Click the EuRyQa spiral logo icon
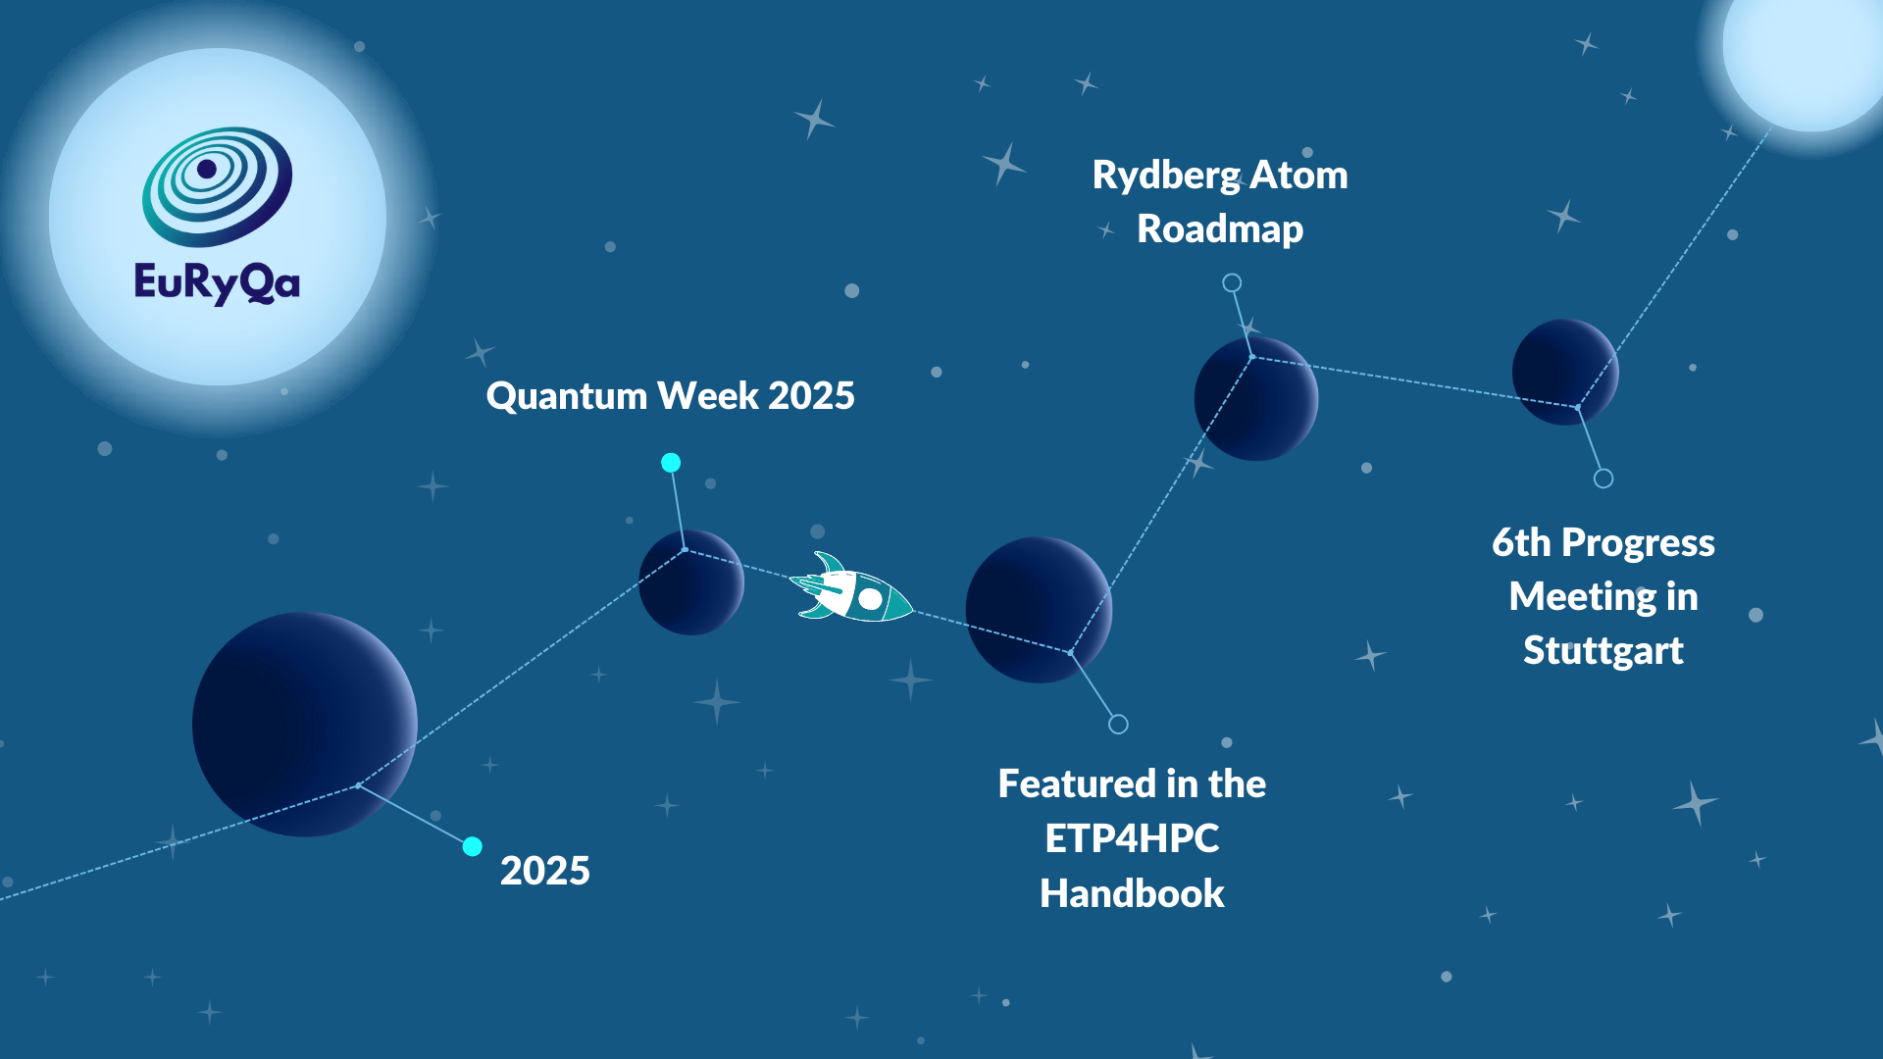pos(217,185)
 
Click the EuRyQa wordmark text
pos(217,283)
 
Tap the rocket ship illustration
pos(851,590)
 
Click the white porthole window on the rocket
pos(870,598)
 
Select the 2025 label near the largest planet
pos(544,871)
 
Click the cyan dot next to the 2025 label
pos(472,846)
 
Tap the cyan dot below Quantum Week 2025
pos(671,463)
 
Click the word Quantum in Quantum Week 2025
pos(566,396)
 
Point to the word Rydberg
pos(1166,176)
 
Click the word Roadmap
pos(1220,229)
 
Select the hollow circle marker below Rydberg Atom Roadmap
pos(1232,283)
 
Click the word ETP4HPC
pos(1132,838)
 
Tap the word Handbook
pos(1132,893)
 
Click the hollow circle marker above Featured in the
pos(1118,725)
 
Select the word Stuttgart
pos(1603,651)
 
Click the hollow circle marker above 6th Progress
pos(1603,479)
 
